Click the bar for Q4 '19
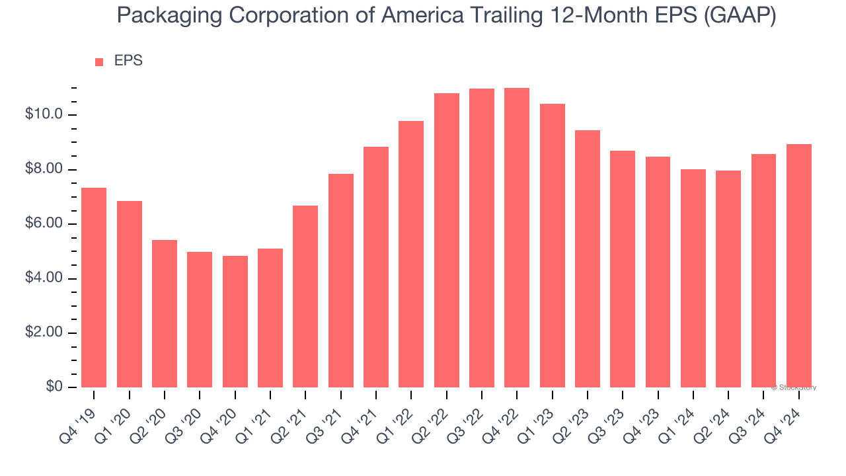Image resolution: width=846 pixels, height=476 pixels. pos(94,288)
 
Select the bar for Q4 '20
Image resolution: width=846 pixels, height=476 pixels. pos(235,321)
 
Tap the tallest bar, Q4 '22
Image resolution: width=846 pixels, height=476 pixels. pos(517,237)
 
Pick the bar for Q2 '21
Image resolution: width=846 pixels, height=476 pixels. pos(305,296)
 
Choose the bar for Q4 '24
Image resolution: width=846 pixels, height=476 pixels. pos(798,266)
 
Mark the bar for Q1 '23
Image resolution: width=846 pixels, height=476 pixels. pos(552,245)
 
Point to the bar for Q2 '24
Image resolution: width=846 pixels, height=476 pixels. pos(728,279)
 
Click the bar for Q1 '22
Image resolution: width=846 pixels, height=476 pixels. pos(411,254)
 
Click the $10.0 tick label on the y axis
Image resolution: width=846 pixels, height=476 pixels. pos(44,115)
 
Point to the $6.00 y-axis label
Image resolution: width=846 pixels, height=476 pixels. pos(44,224)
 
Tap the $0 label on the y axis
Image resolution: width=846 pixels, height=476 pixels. pos(54,387)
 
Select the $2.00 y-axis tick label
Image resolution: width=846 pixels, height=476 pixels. pos(44,333)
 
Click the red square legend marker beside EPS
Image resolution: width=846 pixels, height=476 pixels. pos(99,62)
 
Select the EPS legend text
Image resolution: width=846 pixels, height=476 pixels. pos(128,61)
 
